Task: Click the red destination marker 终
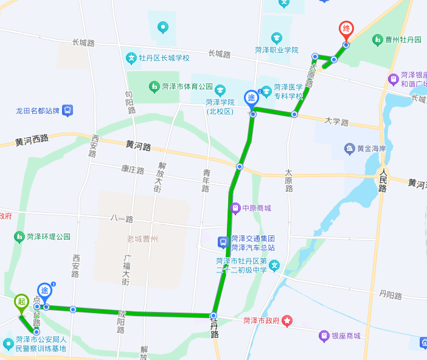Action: (x=346, y=29)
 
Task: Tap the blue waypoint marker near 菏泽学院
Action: (x=251, y=98)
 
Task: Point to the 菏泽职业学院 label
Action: (x=277, y=50)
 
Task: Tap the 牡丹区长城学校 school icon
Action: (x=131, y=58)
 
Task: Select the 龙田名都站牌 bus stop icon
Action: (x=68, y=111)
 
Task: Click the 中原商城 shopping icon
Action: (x=235, y=209)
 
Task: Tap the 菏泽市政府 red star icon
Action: (x=287, y=320)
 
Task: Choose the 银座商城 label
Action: (x=345, y=336)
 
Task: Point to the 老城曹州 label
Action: (x=142, y=238)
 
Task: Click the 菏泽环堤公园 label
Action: (x=47, y=236)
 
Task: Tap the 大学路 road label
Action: (x=336, y=122)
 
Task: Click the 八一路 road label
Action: (x=122, y=218)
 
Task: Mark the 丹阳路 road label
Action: (x=391, y=296)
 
